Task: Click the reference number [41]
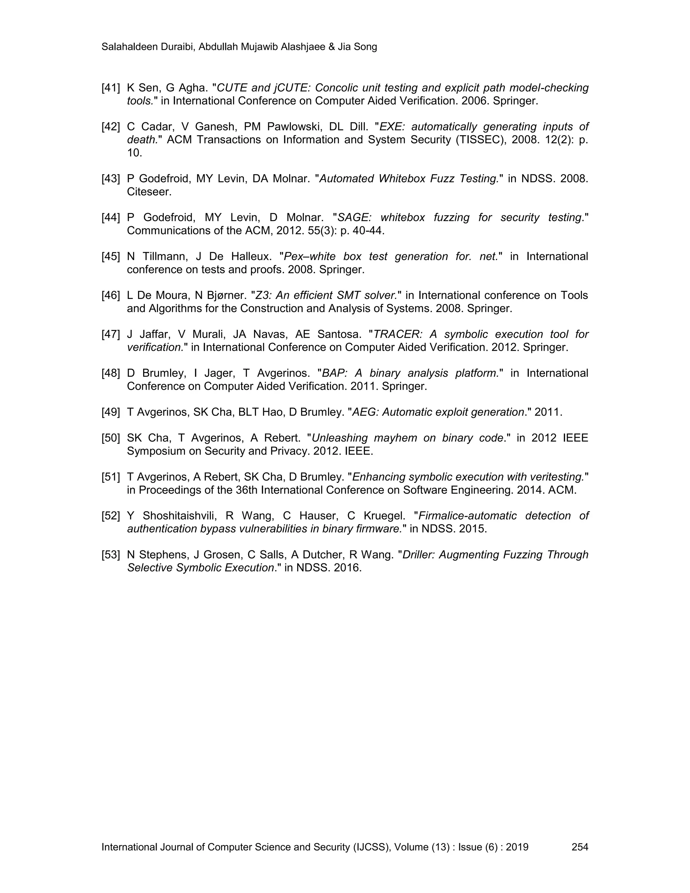pos(111,88)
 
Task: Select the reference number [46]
pos(111,295)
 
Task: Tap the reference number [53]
pos(111,555)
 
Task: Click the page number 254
pos(579,847)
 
